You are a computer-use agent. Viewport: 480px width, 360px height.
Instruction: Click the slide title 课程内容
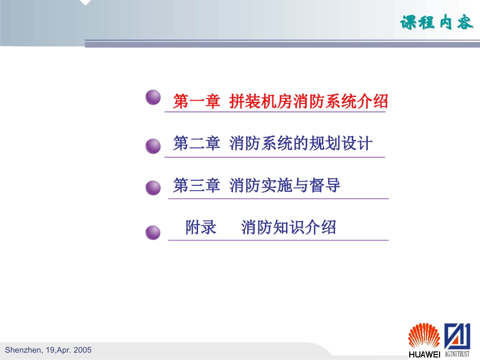click(437, 23)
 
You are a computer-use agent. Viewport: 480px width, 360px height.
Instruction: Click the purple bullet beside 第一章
click(153, 97)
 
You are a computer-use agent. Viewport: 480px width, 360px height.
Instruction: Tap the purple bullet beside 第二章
click(153, 146)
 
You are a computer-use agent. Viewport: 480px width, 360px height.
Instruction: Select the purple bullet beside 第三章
click(153, 188)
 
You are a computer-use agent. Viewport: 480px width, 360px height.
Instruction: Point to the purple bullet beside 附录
click(153, 233)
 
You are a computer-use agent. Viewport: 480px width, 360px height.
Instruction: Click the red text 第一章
click(197, 101)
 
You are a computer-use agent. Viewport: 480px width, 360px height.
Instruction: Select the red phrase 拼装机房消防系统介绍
click(308, 101)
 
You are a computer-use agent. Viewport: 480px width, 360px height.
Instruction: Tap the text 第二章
click(197, 143)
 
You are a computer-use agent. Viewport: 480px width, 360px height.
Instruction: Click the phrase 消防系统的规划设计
click(301, 143)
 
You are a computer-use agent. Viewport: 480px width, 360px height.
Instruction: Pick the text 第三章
click(197, 185)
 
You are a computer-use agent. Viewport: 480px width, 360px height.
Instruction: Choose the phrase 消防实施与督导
click(285, 185)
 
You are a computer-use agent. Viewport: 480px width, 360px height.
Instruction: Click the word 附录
click(201, 227)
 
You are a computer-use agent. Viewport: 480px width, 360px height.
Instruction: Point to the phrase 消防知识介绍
click(289, 227)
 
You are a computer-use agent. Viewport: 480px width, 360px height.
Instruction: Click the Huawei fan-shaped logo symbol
click(424, 335)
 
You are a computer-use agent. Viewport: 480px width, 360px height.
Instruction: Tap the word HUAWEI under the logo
click(424, 354)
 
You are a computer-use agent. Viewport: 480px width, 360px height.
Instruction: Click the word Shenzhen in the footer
click(22, 350)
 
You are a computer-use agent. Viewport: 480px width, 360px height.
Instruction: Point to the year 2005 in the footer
click(82, 350)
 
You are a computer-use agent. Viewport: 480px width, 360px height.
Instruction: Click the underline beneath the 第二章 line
click(274, 157)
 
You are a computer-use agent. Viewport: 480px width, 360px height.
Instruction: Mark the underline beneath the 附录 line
click(278, 240)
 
